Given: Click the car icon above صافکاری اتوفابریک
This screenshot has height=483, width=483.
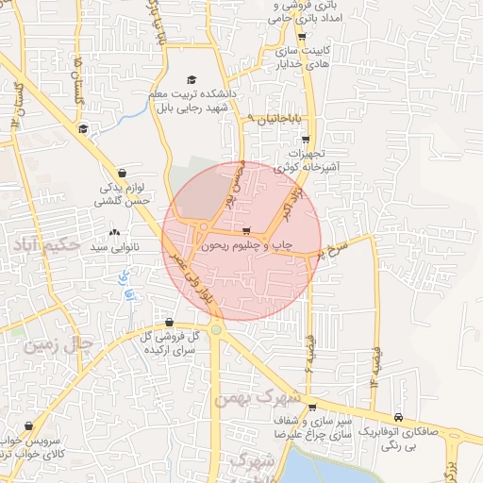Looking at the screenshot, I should (398, 417).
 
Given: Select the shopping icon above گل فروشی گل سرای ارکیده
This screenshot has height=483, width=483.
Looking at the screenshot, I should (169, 323).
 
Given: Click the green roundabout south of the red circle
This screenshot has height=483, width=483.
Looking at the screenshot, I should (217, 329).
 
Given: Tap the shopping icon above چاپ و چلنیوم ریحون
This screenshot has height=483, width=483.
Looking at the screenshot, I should (246, 230).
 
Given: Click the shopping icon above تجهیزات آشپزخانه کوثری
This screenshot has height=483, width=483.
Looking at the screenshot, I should (305, 139).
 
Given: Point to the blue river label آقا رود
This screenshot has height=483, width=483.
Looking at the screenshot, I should (122, 283).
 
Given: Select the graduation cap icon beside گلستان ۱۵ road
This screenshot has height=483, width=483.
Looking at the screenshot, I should (83, 129).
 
